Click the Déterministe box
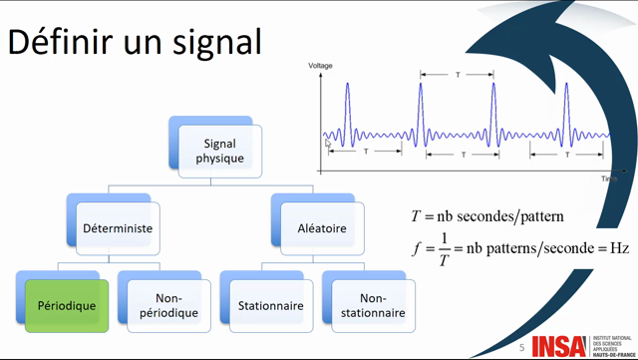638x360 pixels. point(117,228)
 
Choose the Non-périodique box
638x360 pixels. point(167,305)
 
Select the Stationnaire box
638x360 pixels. point(269,305)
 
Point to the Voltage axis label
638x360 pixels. point(320,66)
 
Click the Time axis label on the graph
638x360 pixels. point(608,179)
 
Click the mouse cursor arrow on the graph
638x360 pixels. point(328,144)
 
